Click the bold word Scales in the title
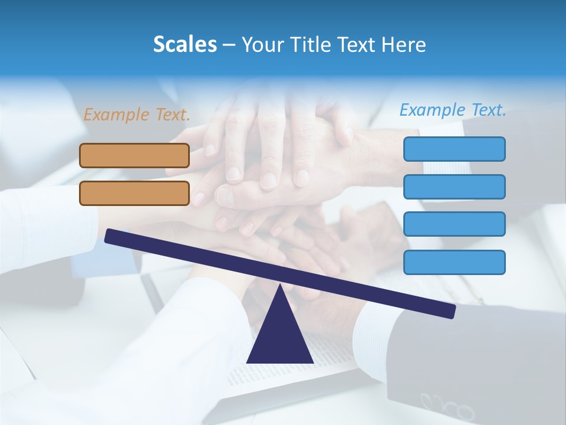185,45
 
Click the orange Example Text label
137,115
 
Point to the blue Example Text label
453,110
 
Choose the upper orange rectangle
134,155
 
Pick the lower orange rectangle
134,193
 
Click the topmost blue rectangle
454,149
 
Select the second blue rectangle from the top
454,187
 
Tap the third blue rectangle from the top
454,224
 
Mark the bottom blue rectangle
454,262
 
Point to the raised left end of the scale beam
110,236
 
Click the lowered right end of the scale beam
450,311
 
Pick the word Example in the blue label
432,110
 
